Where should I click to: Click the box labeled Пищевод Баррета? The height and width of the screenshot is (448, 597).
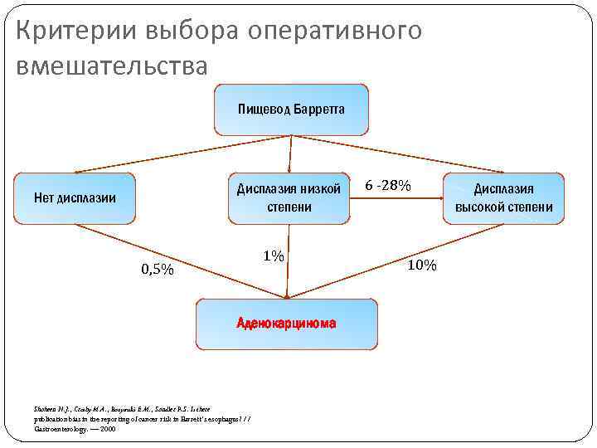click(x=291, y=110)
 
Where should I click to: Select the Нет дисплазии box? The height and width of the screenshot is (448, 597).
click(x=75, y=198)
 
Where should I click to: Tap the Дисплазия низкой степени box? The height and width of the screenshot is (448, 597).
click(x=289, y=197)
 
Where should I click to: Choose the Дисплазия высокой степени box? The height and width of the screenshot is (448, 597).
click(x=503, y=197)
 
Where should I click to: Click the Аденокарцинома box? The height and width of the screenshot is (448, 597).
click(x=286, y=324)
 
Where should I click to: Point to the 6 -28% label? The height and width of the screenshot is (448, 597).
click(x=387, y=185)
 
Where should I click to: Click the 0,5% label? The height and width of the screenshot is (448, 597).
click(x=157, y=269)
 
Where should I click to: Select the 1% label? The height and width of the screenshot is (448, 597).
click(x=274, y=256)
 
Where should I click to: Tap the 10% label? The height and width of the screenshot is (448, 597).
click(x=421, y=265)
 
